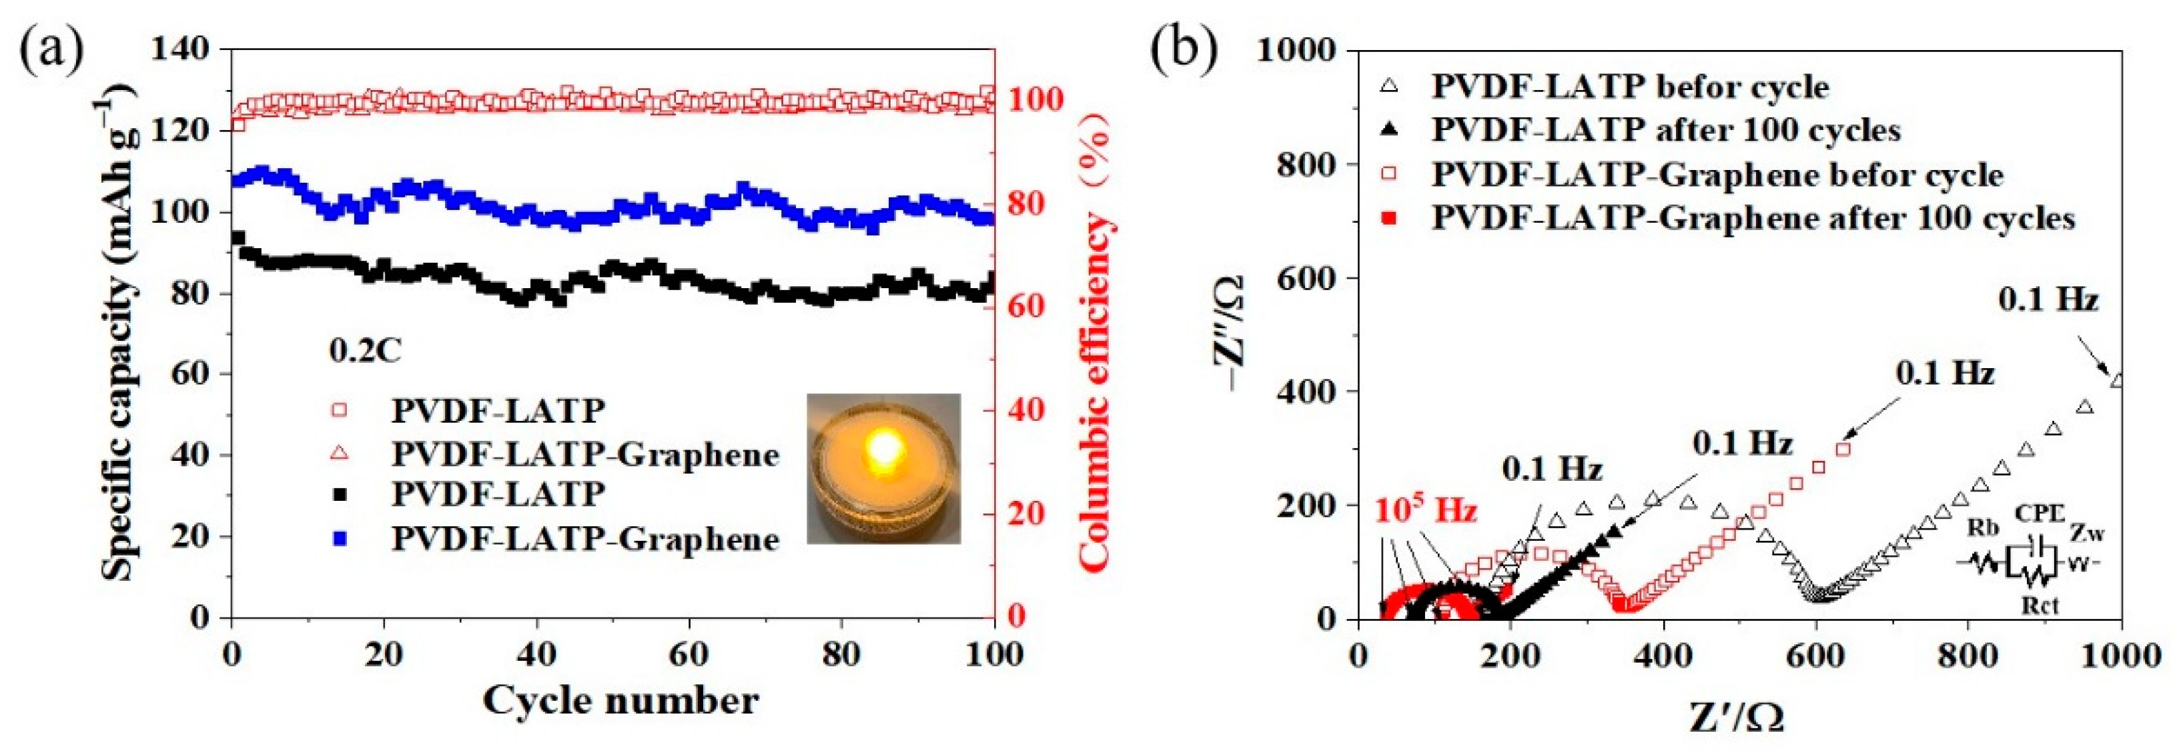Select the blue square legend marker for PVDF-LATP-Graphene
[340, 538]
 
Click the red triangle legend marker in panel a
[340, 454]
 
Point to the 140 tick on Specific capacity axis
[180, 49]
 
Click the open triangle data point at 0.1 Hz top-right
[2116, 381]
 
